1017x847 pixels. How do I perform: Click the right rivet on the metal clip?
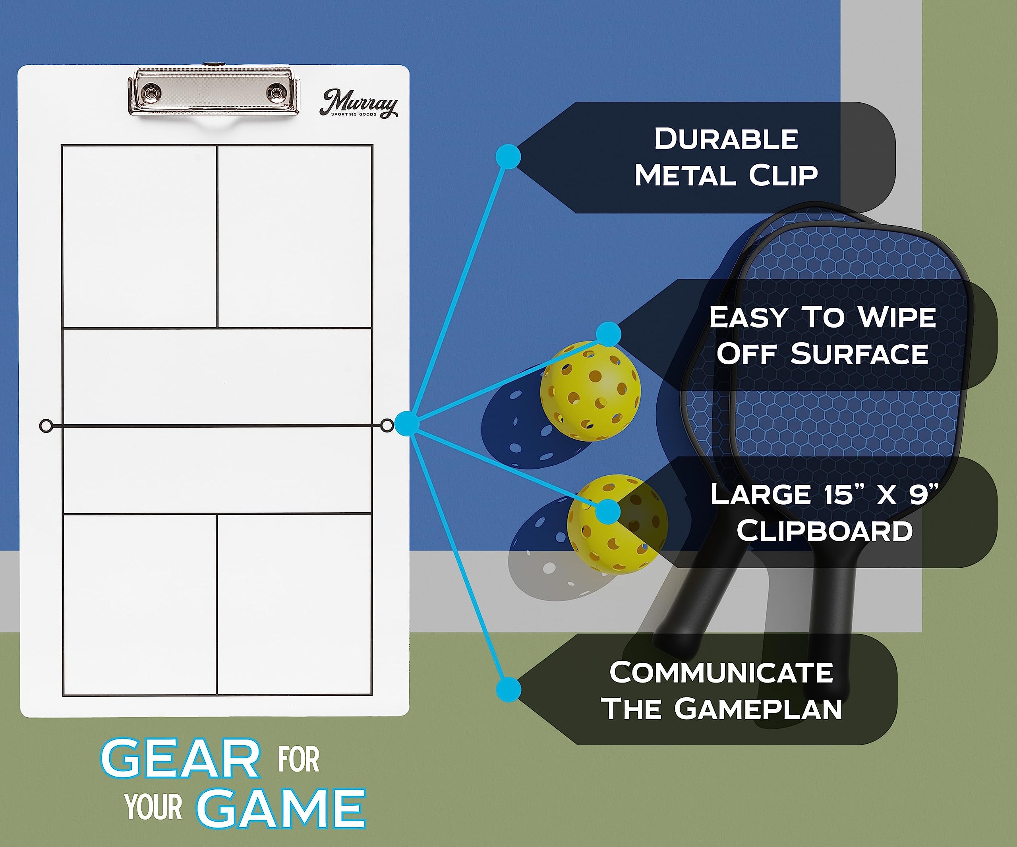coord(276,91)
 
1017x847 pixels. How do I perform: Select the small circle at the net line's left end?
coord(46,426)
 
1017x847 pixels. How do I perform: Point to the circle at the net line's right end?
coord(387,425)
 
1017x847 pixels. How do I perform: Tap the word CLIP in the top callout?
coord(783,175)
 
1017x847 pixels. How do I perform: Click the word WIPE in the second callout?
coord(897,318)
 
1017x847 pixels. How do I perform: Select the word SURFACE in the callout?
coord(860,354)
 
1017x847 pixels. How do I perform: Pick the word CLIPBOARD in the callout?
coord(825,531)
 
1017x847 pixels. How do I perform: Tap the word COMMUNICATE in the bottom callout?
coord(721,673)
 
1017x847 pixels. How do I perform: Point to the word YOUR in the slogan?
coord(153,807)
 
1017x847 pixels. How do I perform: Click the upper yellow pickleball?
coord(590,391)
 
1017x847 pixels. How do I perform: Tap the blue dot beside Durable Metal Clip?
coord(508,156)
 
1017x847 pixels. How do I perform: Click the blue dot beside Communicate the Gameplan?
coord(508,689)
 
